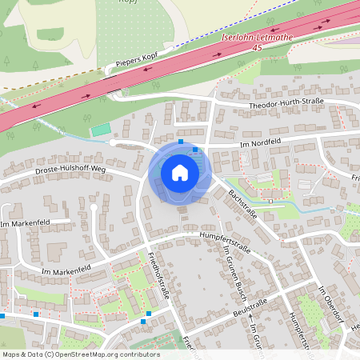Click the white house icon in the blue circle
(180, 172)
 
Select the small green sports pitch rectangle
(101, 128)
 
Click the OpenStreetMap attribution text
(80, 354)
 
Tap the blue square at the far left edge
(2, 316)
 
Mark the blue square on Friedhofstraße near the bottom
(143, 322)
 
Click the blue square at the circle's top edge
(181, 142)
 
